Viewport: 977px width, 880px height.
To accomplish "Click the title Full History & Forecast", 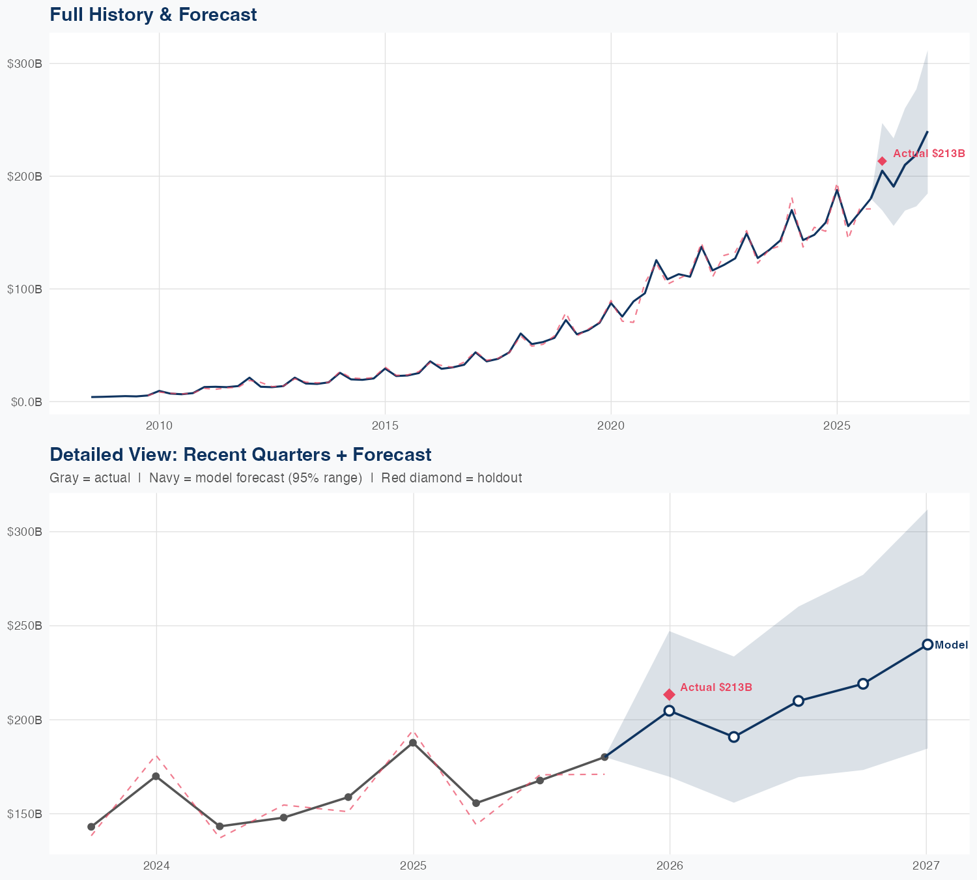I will pos(153,14).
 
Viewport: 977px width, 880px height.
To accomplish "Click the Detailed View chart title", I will pos(240,454).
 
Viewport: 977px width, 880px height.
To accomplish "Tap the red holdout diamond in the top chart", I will pos(882,161).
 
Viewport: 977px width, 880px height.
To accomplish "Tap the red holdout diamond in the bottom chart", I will pos(669,695).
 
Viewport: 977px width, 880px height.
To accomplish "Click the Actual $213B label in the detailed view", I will pos(716,688).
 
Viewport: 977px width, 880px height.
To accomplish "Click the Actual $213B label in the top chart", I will pos(928,154).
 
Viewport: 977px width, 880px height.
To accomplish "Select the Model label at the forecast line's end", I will pos(951,645).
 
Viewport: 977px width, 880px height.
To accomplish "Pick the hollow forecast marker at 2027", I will pos(927,645).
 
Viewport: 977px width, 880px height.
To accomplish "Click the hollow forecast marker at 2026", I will pos(669,711).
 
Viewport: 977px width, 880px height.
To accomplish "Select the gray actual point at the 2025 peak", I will pos(413,743).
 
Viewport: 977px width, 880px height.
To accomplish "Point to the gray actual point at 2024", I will pos(156,776).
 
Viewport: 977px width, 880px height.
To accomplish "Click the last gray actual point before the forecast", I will pos(604,757).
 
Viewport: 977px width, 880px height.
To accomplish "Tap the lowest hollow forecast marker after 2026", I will pos(733,737).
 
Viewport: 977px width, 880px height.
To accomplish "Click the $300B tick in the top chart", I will pos(25,64).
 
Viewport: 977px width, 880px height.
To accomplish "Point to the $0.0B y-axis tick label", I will pos(26,402).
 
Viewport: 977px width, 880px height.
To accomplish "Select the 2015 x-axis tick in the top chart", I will pos(385,426).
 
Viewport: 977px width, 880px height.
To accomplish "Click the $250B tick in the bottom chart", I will pos(25,626).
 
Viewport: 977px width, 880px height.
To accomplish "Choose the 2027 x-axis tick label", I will pos(926,866).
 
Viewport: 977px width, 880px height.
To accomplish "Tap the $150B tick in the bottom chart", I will pos(25,814).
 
